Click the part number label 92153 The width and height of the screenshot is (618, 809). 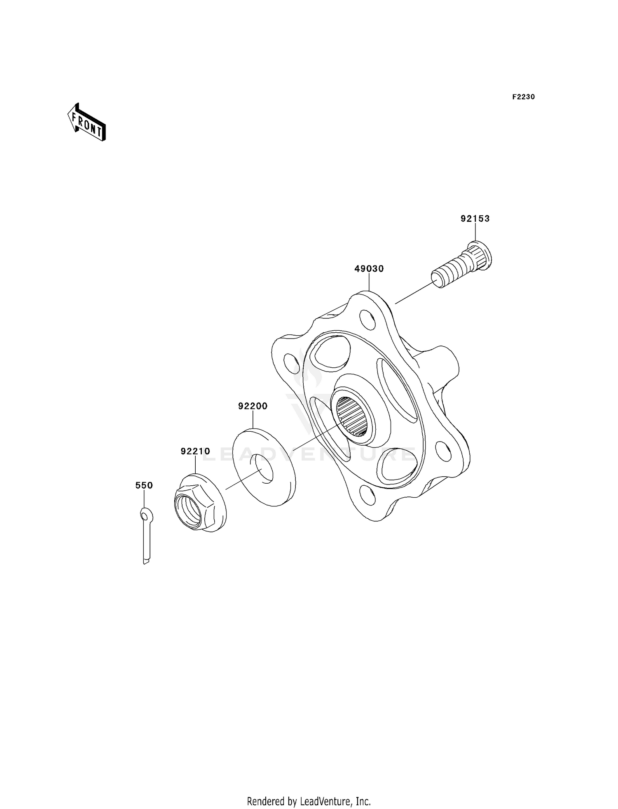point(475,219)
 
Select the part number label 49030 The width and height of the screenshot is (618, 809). point(369,269)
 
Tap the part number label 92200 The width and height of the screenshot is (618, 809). point(253,406)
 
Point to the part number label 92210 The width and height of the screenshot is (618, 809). point(195,452)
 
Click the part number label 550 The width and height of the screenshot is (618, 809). point(144,486)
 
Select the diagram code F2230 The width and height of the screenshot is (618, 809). point(523,97)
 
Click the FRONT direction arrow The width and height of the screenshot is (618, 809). point(87,123)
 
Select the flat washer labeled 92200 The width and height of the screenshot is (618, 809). point(264,468)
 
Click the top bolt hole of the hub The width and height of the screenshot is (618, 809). point(368,320)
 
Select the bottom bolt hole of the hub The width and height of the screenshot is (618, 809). point(367,495)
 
